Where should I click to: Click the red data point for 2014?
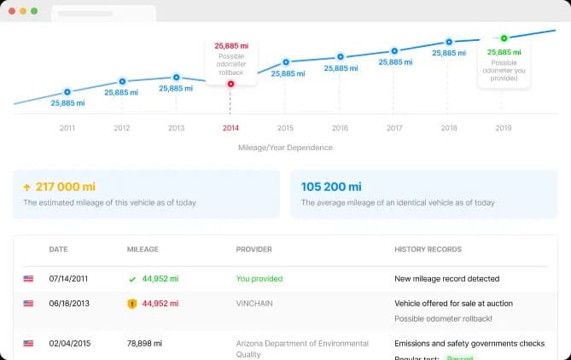(x=230, y=84)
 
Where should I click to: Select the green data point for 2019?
(x=504, y=38)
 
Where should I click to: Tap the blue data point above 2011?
(x=67, y=91)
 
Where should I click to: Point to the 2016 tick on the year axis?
(x=340, y=128)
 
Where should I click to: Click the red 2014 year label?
(x=230, y=128)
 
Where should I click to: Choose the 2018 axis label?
(x=449, y=128)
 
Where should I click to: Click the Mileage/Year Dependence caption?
(x=285, y=148)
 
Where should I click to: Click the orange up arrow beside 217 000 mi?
(x=27, y=187)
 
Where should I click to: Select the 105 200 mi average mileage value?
(x=331, y=187)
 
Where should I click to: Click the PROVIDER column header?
(x=253, y=249)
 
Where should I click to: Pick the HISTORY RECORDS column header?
(x=428, y=249)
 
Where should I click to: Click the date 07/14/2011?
(x=70, y=278)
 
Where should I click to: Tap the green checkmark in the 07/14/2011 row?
(x=131, y=279)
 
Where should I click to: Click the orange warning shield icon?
(x=131, y=303)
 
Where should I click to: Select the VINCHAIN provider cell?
(x=255, y=303)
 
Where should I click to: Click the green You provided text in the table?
(x=259, y=278)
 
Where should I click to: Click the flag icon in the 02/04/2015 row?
(x=29, y=344)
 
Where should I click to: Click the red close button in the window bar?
(x=13, y=11)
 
